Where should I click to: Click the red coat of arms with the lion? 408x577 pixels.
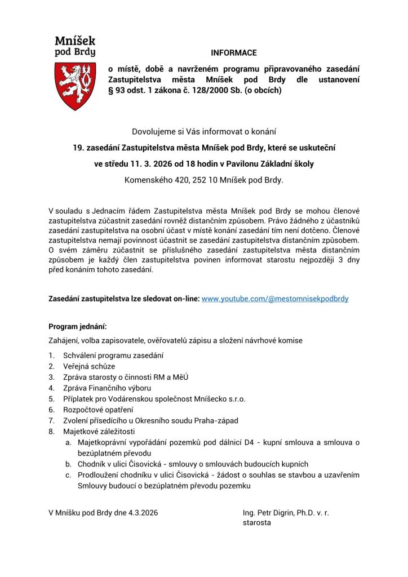click(75, 86)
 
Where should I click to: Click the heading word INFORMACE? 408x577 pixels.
click(233, 53)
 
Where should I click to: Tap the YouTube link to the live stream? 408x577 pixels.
click(275, 299)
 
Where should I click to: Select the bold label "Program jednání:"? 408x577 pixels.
click(77, 326)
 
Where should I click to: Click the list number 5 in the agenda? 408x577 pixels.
click(51, 398)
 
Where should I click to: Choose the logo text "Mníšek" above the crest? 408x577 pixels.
click(75, 40)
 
